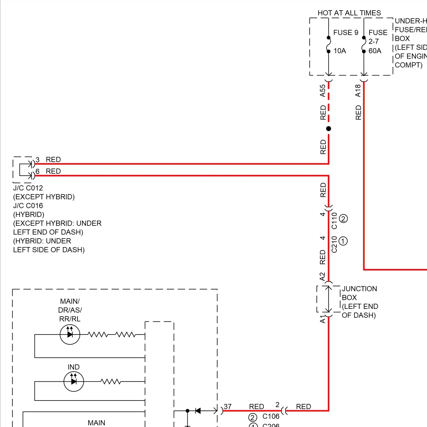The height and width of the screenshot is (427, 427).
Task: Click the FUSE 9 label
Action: (x=346, y=33)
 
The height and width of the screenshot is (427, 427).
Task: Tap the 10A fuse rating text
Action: (x=340, y=51)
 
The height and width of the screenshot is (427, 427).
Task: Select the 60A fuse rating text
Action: (x=375, y=51)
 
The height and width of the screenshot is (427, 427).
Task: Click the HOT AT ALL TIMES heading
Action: (x=349, y=13)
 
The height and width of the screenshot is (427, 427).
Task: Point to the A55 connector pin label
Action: (x=323, y=91)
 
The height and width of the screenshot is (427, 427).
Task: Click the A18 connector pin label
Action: (x=358, y=91)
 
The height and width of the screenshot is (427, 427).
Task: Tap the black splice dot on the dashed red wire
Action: (x=329, y=129)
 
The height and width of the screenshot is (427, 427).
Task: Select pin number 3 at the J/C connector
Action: (x=38, y=159)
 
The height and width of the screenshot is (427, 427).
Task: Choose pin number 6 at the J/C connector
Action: (x=38, y=171)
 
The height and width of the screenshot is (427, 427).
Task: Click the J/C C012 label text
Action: (x=28, y=188)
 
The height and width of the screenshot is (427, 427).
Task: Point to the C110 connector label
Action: (x=334, y=221)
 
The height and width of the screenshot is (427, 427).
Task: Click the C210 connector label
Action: (x=334, y=244)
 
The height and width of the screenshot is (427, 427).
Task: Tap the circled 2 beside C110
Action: (x=343, y=219)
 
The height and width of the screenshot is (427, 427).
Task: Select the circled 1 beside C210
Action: (x=343, y=241)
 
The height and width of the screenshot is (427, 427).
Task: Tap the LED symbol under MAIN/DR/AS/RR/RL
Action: (x=70, y=334)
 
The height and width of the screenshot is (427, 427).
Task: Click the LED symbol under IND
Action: (x=74, y=381)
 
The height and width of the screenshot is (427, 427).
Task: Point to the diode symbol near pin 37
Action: (x=198, y=411)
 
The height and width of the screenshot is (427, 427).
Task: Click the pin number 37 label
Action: (x=228, y=407)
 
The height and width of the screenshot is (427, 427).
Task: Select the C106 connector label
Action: (x=271, y=416)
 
